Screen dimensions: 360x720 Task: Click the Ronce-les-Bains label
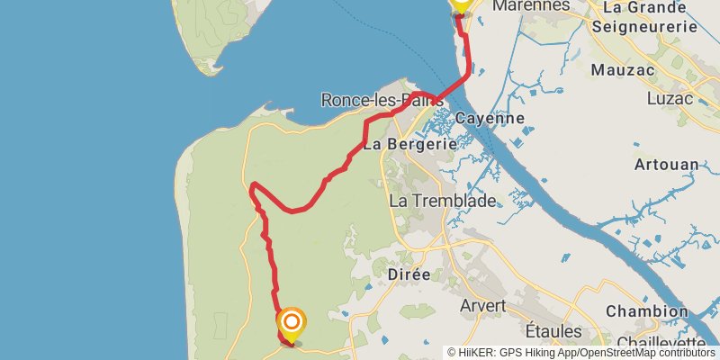click(382, 100)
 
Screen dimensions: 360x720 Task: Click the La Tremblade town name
click(443, 201)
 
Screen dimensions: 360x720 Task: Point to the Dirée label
click(409, 274)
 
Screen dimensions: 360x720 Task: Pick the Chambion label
click(646, 311)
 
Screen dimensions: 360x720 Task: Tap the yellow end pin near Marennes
click(461, 4)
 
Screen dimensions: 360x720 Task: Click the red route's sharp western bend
click(254, 186)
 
